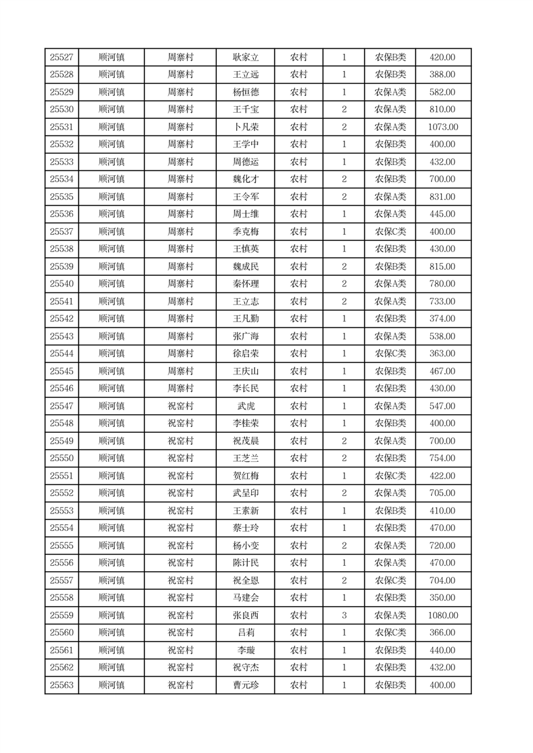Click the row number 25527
coord(62,57)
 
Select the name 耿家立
coord(246,57)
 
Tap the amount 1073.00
coord(442,127)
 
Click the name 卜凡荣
coord(246,127)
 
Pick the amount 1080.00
coord(442,615)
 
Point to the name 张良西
coord(246,615)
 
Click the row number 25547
coord(62,406)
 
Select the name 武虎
coord(246,406)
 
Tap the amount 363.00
coord(442,354)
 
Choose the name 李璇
coord(246,650)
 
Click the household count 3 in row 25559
coord(344,615)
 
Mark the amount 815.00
coord(442,266)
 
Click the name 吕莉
coord(246,633)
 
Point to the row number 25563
coord(62,685)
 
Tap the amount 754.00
coord(442,458)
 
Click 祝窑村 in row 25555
coord(180,546)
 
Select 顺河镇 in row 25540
coord(111,284)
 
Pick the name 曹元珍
coord(246,685)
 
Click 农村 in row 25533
coord(299,162)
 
